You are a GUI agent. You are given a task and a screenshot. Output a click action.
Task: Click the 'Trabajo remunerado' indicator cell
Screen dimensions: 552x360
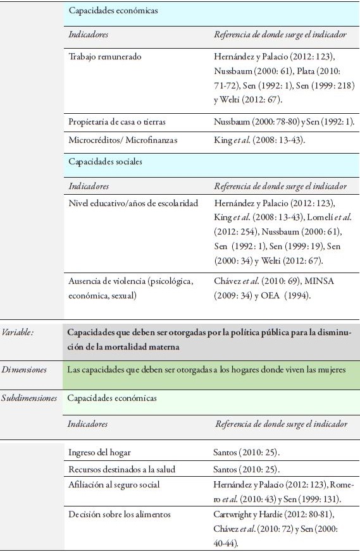pyautogui.click(x=105, y=57)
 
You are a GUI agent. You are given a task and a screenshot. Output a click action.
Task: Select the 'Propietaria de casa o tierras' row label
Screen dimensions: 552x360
pyautogui.click(x=118, y=121)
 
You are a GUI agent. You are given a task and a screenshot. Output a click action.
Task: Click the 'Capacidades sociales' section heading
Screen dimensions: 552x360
pyautogui.click(x=106, y=162)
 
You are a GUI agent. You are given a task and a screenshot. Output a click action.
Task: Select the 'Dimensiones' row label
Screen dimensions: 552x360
pyautogui.click(x=23, y=369)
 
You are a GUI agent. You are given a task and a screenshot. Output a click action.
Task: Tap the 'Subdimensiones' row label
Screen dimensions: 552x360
pyautogui.click(x=30, y=398)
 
